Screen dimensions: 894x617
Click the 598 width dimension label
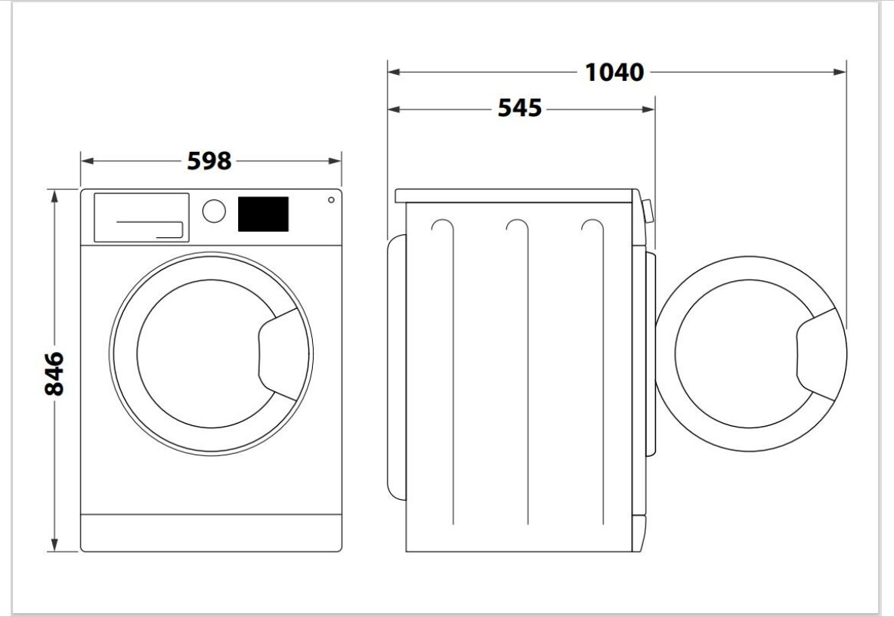click(x=209, y=161)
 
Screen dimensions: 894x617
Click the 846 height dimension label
click(x=54, y=374)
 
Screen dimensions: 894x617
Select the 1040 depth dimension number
click(x=614, y=72)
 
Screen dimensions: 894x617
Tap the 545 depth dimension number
click(x=519, y=108)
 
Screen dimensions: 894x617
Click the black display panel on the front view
click(x=263, y=214)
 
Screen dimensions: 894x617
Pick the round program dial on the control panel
click(x=214, y=211)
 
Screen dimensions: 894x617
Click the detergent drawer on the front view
click(x=141, y=217)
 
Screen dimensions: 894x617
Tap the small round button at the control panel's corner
click(x=331, y=200)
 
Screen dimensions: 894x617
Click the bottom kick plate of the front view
click(x=211, y=532)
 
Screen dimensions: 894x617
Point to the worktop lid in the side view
click(x=514, y=196)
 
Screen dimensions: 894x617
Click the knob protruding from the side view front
click(x=648, y=211)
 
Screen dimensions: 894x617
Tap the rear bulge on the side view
click(x=397, y=368)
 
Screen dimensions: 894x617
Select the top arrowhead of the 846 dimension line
click(x=54, y=196)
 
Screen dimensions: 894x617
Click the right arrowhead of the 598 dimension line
click(x=335, y=161)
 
